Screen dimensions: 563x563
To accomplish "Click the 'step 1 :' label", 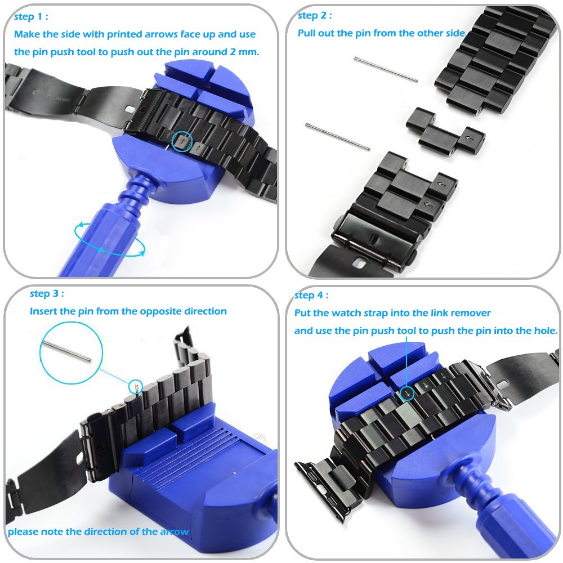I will click(30, 17).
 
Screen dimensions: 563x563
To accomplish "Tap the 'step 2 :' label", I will click(314, 16).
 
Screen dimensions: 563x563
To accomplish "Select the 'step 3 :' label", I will click(46, 294).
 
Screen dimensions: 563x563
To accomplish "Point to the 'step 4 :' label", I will click(311, 296).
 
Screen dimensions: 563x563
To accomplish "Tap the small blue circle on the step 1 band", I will click(181, 141).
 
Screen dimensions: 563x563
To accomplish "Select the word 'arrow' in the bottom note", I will click(174, 531).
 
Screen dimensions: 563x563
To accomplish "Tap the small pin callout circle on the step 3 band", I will click(135, 387).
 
